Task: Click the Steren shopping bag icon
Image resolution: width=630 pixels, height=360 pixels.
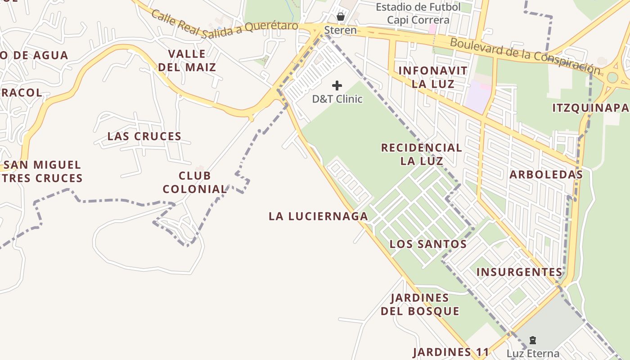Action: pos(341,17)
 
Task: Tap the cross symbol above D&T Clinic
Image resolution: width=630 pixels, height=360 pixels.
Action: pos(337,85)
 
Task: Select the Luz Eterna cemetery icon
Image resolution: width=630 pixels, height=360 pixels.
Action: pos(533,340)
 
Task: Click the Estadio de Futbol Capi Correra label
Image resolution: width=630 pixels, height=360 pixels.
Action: pos(418,13)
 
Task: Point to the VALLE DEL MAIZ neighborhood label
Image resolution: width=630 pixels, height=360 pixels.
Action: pos(187,61)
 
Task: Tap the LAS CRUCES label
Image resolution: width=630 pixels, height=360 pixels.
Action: pos(144,136)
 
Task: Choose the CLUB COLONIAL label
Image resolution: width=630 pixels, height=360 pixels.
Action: pos(194,182)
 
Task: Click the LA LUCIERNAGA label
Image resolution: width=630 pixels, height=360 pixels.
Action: pos(318,216)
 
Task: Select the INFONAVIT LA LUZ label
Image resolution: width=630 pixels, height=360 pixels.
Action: pos(432,77)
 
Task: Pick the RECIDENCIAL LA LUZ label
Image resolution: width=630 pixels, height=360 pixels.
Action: pos(422,154)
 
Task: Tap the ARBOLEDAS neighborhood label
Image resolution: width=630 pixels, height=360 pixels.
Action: pos(546,175)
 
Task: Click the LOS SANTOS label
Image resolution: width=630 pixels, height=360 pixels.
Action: pos(427,244)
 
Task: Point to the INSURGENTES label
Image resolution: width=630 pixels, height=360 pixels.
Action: pos(519,272)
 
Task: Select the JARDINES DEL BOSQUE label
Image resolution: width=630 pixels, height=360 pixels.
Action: pos(420,304)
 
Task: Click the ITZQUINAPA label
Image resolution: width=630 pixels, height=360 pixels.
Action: pos(590,108)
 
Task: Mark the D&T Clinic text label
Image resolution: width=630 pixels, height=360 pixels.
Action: pos(337,99)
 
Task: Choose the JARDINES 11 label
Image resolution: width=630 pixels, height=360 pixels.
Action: pos(450,352)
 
